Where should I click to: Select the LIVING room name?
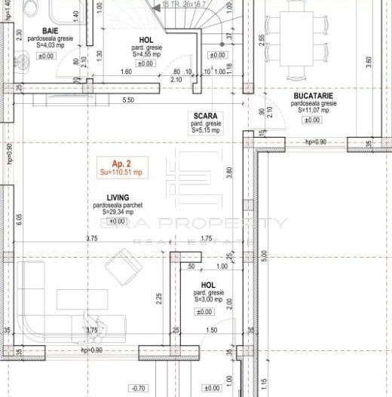(117, 197)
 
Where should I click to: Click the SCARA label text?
(204, 115)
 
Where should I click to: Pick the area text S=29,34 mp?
(117, 212)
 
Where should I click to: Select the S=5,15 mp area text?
(204, 130)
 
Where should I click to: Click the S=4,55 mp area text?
(145, 53)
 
